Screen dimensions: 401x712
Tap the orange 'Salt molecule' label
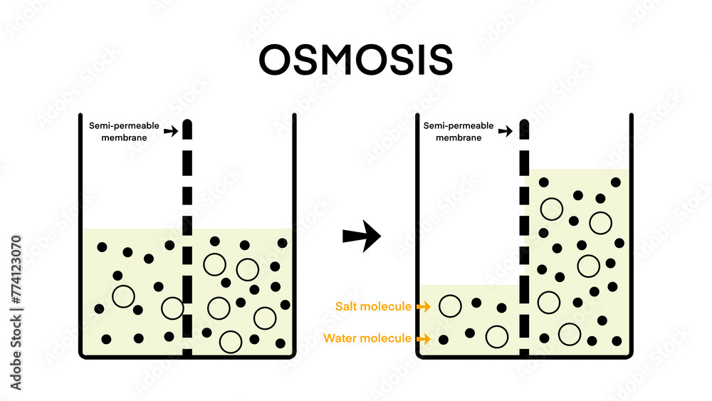373,306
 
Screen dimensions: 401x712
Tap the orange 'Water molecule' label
367,338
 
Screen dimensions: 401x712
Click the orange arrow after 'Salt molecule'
423,307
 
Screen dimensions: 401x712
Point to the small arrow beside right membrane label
505,132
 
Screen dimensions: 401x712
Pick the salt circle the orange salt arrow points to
449,306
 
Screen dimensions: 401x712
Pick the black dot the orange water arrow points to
444,339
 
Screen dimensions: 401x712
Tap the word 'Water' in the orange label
339,338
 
